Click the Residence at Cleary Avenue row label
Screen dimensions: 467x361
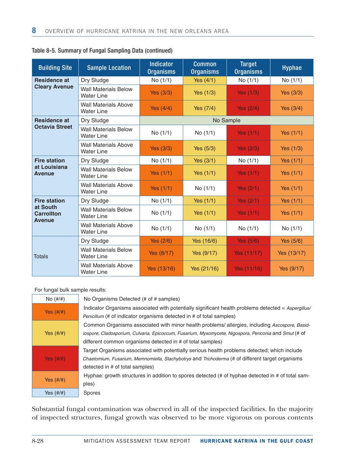(55, 84)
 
